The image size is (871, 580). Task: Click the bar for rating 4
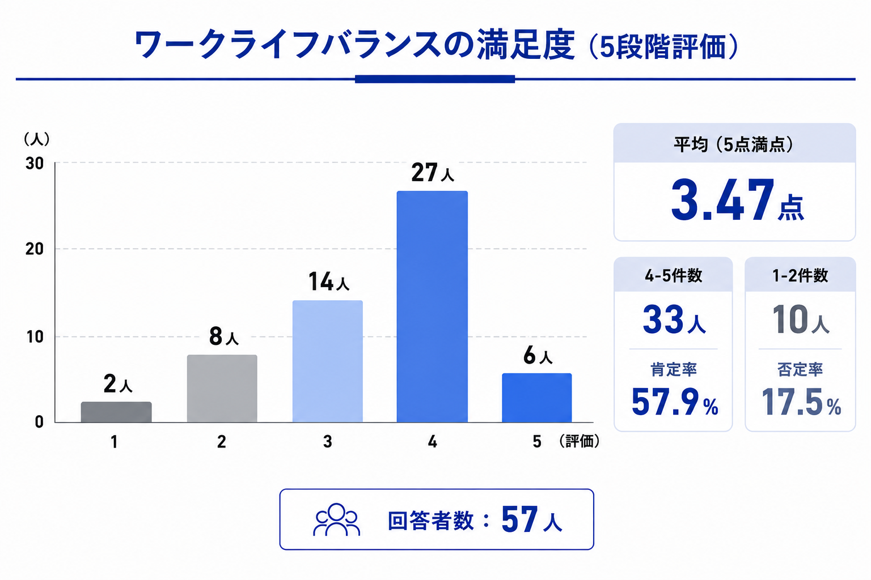432,306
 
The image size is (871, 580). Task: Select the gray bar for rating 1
116,412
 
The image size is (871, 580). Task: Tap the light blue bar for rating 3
327,361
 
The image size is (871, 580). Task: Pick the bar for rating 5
536,398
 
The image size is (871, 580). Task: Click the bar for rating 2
222,389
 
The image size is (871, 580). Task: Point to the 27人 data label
433,173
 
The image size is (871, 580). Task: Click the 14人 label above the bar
328,282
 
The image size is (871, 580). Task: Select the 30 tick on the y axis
34,163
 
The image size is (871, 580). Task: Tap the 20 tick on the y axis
34,249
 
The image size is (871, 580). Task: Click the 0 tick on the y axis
39,422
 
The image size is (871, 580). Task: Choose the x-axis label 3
327,442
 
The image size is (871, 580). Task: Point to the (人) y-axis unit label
36,139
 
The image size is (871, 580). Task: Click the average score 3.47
722,201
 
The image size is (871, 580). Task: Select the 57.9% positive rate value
675,402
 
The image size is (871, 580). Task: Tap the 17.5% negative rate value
801,402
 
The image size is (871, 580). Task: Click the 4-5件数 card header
674,275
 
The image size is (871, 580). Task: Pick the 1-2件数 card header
800,275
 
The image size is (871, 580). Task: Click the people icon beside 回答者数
337,519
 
